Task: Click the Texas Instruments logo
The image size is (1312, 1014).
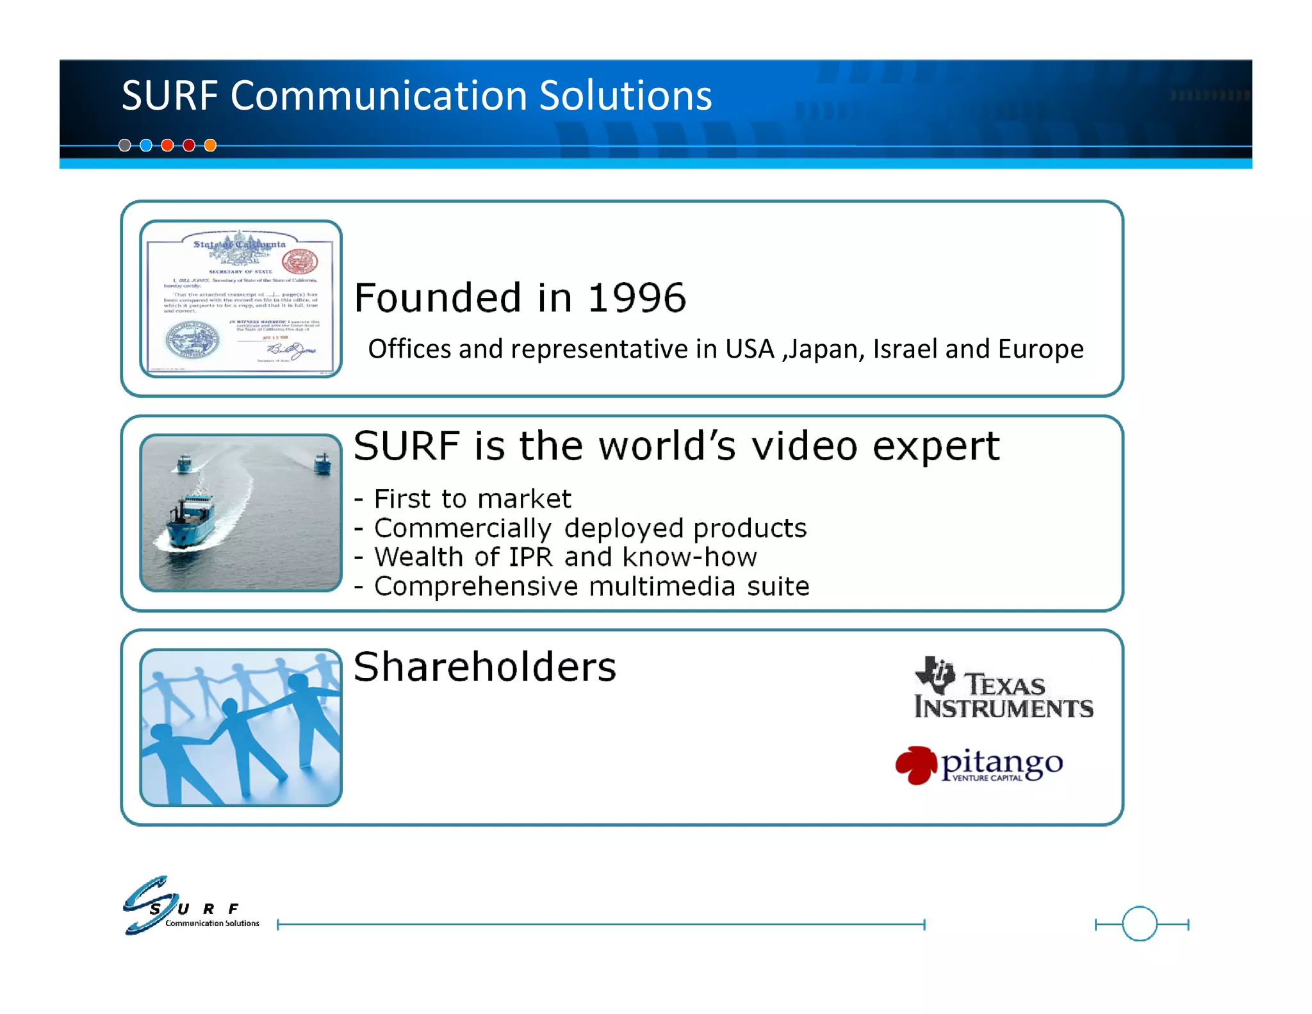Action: click(x=1003, y=688)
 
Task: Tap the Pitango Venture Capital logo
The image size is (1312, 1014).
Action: click(x=980, y=765)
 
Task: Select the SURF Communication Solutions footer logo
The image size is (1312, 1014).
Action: click(x=191, y=906)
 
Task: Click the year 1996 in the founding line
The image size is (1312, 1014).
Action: click(x=637, y=298)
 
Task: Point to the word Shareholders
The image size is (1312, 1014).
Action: click(x=484, y=667)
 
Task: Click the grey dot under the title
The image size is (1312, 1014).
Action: click(x=125, y=145)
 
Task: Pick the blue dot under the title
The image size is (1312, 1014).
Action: click(x=146, y=145)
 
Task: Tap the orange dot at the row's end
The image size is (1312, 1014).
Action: click(x=210, y=145)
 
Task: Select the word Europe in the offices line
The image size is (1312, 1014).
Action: click(x=1040, y=349)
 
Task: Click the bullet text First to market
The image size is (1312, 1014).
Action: click(x=472, y=499)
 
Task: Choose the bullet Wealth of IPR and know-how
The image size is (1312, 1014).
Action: click(x=565, y=557)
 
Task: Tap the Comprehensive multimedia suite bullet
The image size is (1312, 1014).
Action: click(x=591, y=586)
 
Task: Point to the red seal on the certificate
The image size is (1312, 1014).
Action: click(x=300, y=261)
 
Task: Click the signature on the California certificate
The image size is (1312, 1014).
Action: click(x=291, y=351)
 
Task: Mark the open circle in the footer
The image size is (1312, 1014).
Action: click(x=1140, y=924)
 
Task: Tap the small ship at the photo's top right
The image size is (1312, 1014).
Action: click(x=323, y=463)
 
